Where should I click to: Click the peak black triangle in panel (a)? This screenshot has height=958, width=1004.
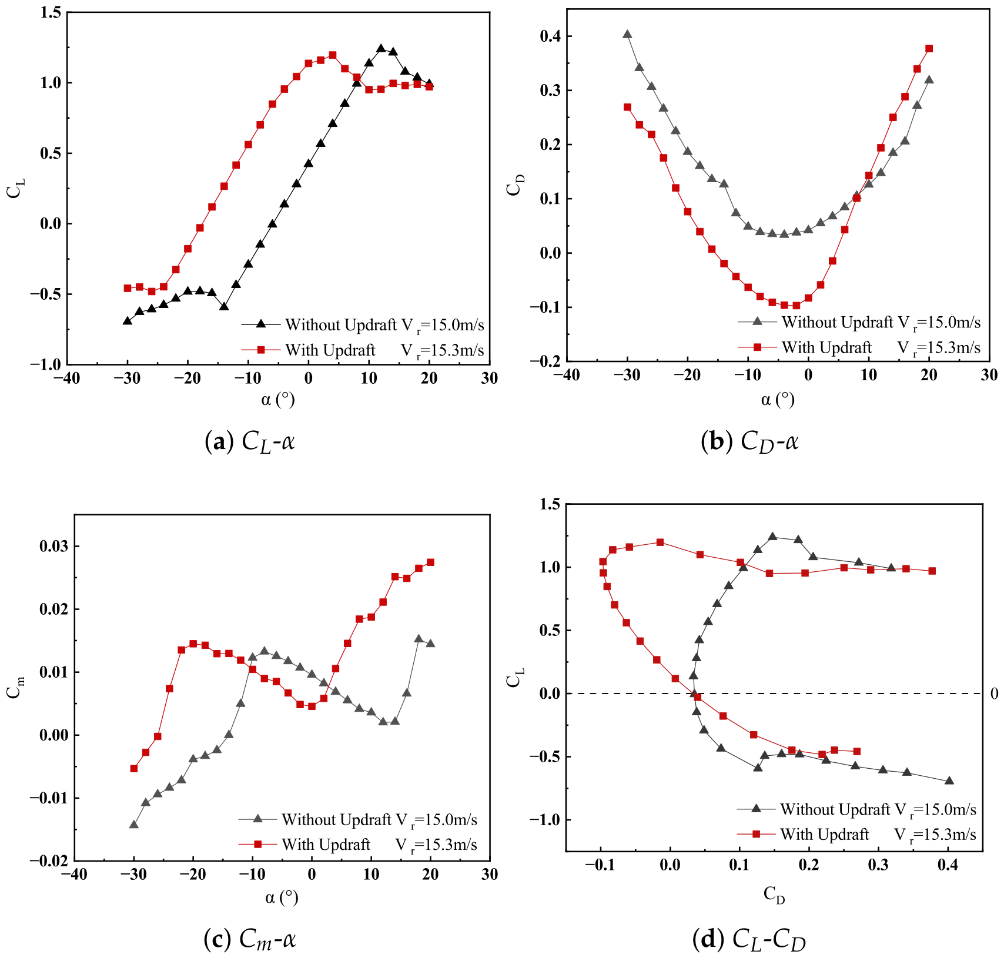(381, 49)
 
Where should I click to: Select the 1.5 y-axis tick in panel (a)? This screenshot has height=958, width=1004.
(51, 12)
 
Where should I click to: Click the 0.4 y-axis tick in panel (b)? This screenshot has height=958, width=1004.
(551, 36)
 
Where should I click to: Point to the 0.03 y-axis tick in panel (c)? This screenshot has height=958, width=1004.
(54, 546)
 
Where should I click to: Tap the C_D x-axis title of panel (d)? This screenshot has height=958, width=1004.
(774, 895)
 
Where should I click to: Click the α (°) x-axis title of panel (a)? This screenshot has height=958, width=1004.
(278, 400)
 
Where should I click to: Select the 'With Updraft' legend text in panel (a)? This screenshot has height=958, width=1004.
(330, 350)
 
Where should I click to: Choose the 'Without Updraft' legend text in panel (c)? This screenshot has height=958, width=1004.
(336, 819)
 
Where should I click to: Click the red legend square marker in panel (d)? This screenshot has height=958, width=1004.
(757, 834)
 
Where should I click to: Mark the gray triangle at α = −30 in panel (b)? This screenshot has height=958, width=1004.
(627, 34)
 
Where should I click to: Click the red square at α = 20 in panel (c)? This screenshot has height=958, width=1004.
(430, 562)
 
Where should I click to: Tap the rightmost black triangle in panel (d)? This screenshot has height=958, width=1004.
(949, 781)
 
